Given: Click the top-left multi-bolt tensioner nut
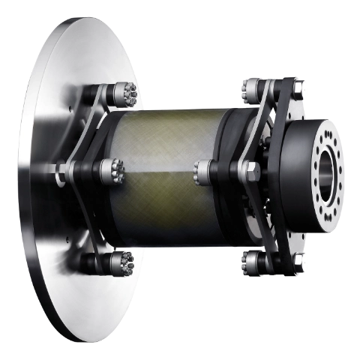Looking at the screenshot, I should (x=126, y=93).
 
